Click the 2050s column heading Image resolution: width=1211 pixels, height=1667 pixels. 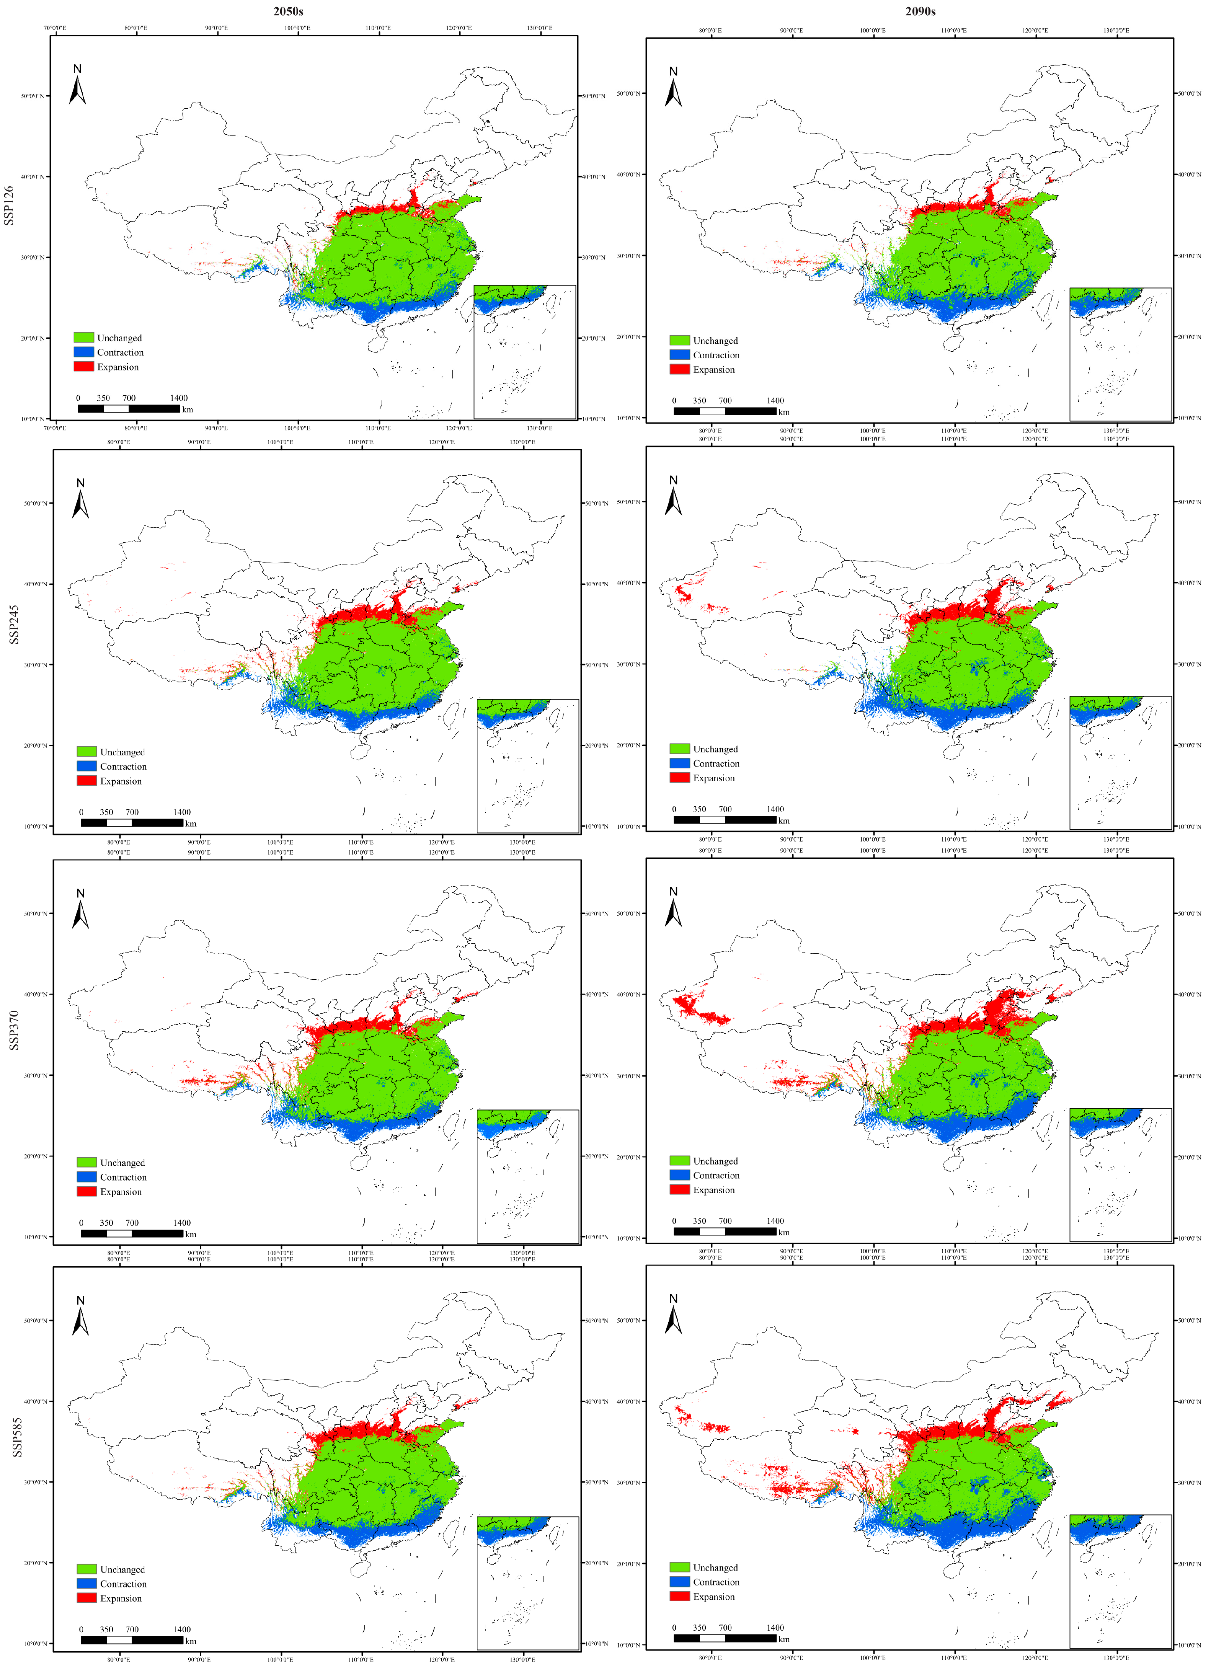288,11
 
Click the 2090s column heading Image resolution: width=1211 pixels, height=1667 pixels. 920,11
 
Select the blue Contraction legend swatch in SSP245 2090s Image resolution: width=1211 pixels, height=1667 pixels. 679,763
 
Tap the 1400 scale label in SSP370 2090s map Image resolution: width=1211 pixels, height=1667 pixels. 775,1220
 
